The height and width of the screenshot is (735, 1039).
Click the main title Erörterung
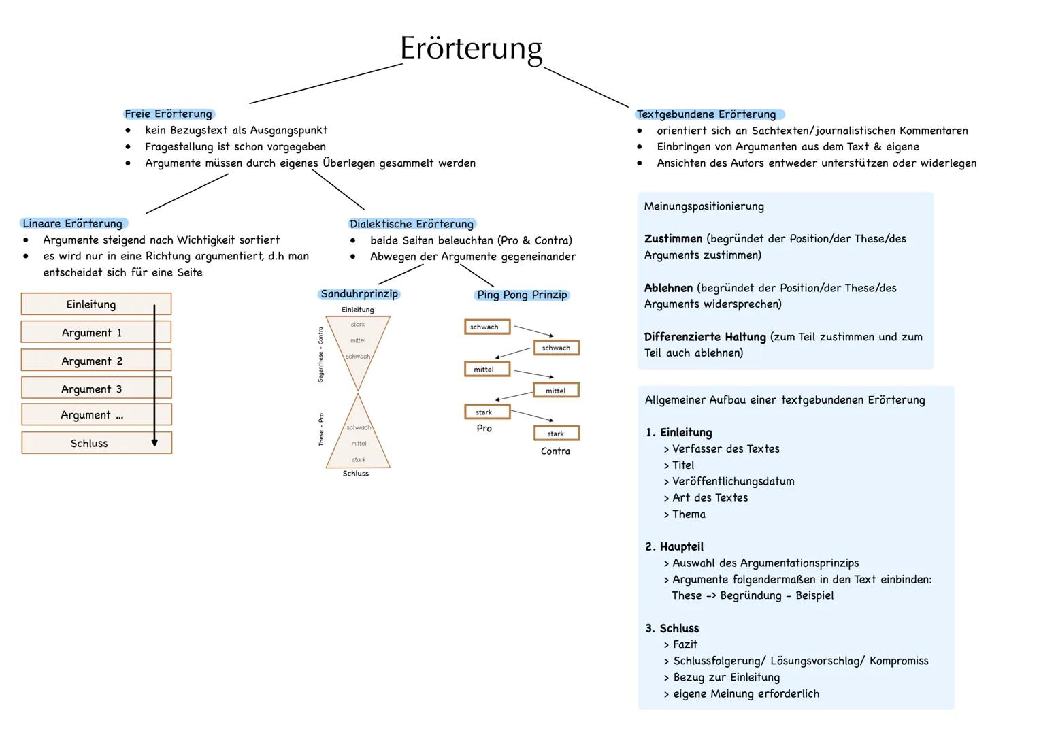(471, 48)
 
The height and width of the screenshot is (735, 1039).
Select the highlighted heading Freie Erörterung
(169, 114)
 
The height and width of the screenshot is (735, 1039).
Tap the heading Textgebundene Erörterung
(706, 114)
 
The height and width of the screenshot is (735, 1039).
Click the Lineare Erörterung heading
(73, 223)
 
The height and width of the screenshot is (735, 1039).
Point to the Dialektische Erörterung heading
(412, 224)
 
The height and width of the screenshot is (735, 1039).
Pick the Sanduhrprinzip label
(359, 294)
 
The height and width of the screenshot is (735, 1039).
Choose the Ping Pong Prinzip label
(522, 295)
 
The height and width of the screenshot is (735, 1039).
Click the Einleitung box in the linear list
(91, 304)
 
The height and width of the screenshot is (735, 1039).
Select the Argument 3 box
(91, 389)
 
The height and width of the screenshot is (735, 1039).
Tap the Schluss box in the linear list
(89, 443)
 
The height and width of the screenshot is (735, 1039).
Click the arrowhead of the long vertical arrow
(154, 442)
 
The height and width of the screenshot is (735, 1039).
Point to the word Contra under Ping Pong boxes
(555, 451)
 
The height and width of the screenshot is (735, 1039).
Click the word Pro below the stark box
(484, 428)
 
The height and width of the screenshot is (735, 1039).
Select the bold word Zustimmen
(673, 239)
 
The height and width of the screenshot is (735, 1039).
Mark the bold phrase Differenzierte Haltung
(705, 337)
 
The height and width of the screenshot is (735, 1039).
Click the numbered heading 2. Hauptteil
(674, 546)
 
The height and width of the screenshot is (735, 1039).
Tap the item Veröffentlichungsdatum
(733, 481)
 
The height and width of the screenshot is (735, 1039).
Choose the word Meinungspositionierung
(704, 206)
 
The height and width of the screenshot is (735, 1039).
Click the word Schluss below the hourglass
(356, 474)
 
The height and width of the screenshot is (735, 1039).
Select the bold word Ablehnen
(668, 288)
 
